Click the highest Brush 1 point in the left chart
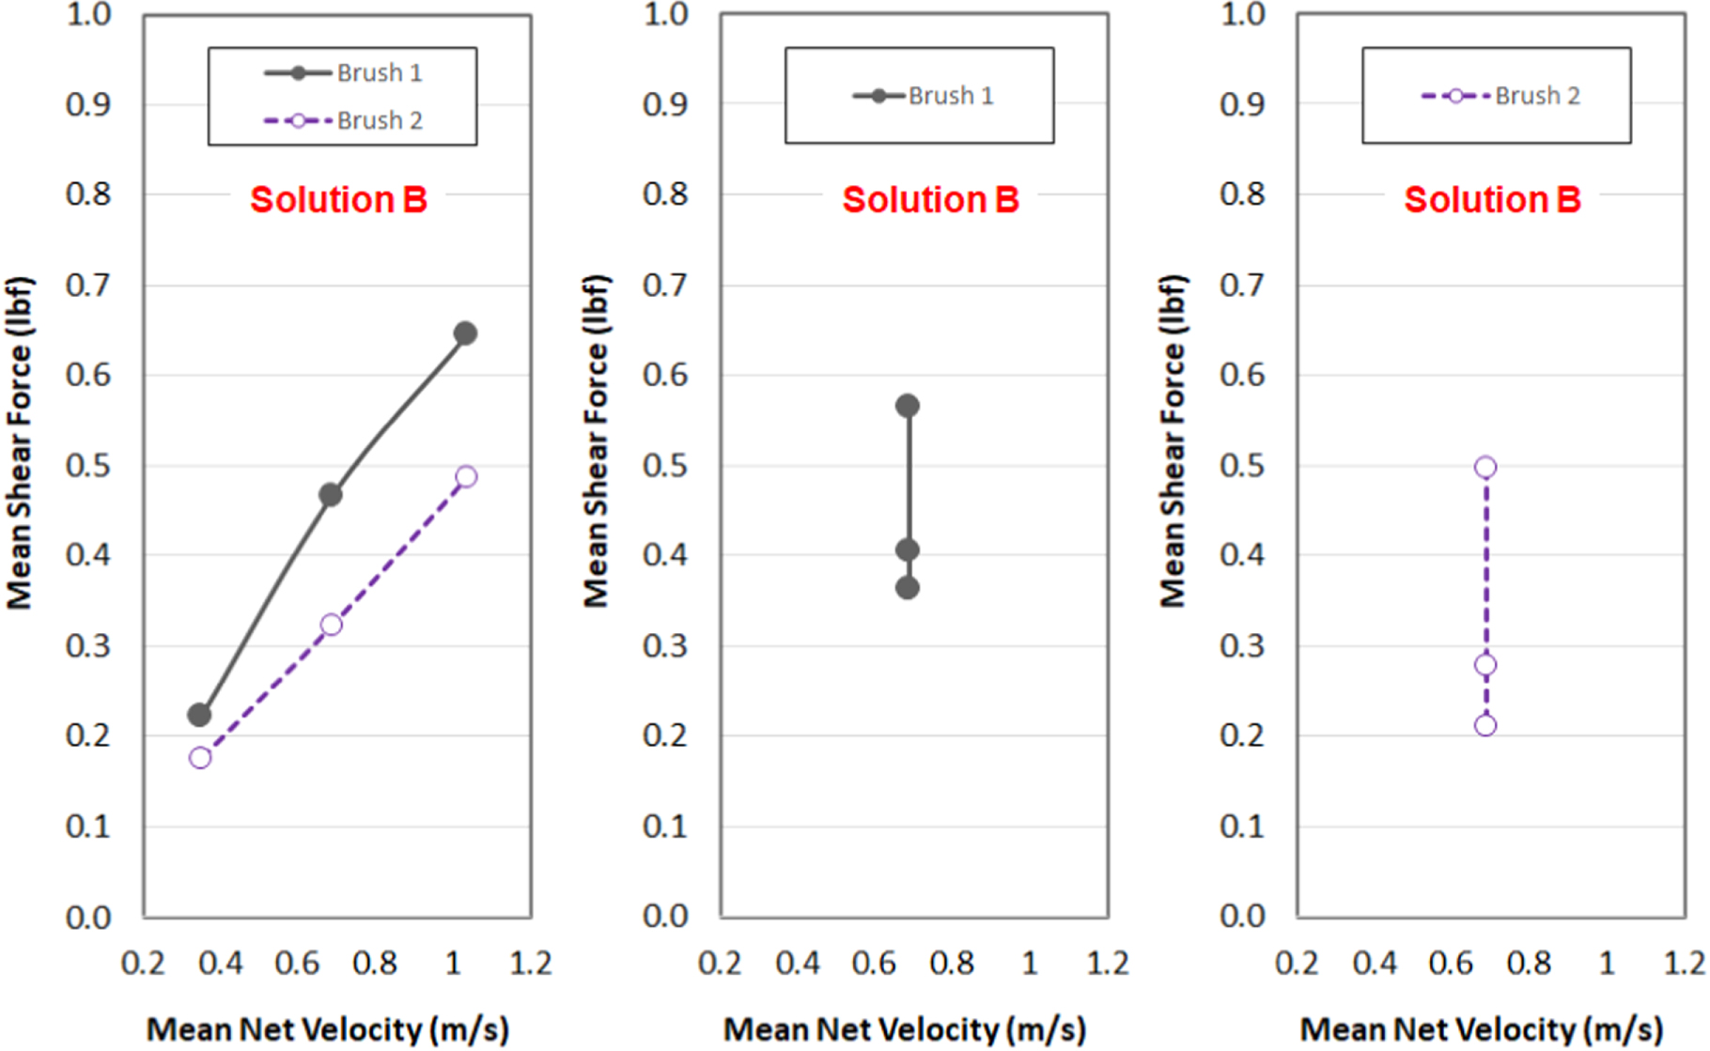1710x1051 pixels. (x=465, y=333)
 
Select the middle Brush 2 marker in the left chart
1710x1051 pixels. (x=331, y=625)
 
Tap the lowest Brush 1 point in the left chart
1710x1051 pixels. (x=199, y=715)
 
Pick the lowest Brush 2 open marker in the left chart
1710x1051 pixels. (x=200, y=757)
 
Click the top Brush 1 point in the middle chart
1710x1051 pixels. (x=907, y=406)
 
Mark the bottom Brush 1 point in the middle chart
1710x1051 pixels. (x=907, y=588)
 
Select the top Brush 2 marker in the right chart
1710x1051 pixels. (x=1485, y=467)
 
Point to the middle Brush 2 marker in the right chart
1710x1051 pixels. (x=1485, y=665)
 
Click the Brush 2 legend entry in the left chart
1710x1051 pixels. (x=344, y=121)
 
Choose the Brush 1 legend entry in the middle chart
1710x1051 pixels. (x=923, y=96)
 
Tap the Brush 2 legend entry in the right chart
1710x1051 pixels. (x=1501, y=96)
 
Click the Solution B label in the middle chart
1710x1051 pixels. (x=930, y=200)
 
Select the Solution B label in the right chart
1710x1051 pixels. (x=1492, y=200)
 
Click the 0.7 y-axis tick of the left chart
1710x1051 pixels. (x=87, y=285)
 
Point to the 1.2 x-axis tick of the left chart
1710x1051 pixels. (x=531, y=964)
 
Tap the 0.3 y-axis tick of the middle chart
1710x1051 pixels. (x=665, y=645)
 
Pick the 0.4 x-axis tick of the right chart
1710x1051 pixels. (x=1375, y=964)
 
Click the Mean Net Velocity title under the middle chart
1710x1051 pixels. (x=905, y=1029)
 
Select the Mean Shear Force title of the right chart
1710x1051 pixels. (x=1173, y=441)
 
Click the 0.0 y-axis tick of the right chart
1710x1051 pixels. (x=1242, y=916)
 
